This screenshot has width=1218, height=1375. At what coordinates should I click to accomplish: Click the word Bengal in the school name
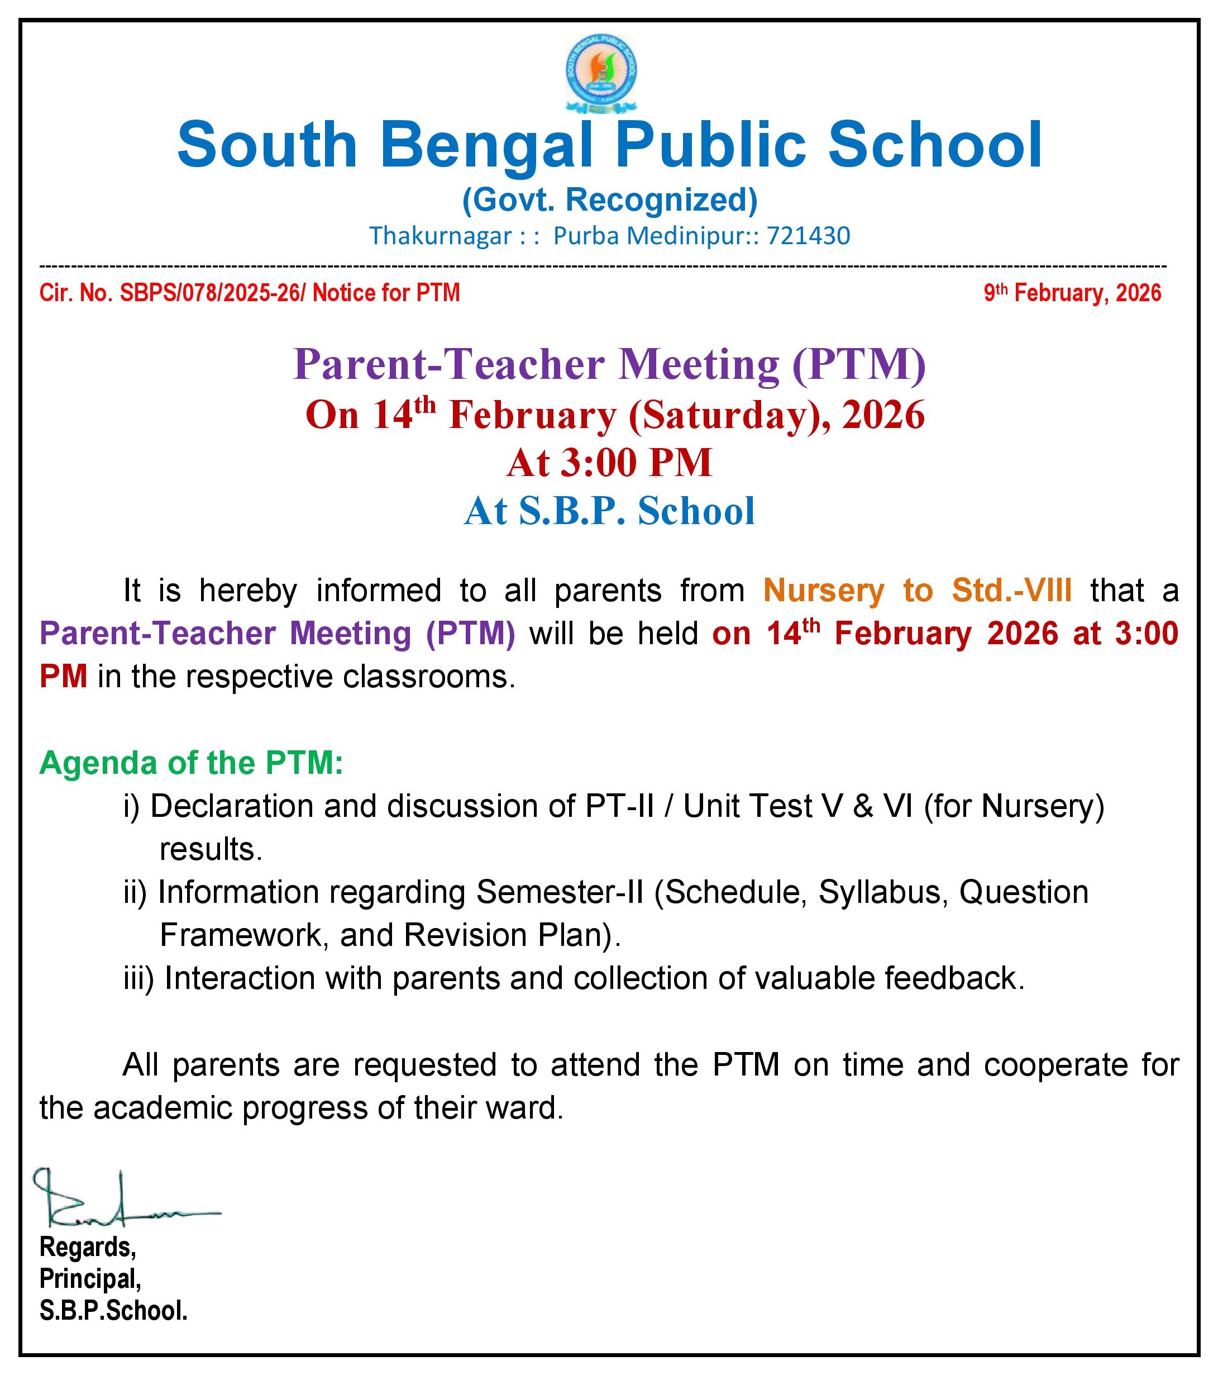pos(488,145)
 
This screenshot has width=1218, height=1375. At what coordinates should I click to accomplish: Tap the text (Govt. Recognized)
pos(609,200)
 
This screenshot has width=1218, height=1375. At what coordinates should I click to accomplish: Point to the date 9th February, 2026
pos(1072,293)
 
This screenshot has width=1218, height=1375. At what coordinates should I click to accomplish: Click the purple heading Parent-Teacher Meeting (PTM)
pos(609,365)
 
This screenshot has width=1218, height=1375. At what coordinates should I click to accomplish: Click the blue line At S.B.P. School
pos(609,511)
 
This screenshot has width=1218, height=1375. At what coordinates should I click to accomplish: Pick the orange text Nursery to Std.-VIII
pos(918,591)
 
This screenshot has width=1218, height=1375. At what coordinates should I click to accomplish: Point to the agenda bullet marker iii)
pos(138,978)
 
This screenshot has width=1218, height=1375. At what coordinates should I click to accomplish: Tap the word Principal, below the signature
pos(90,1278)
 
